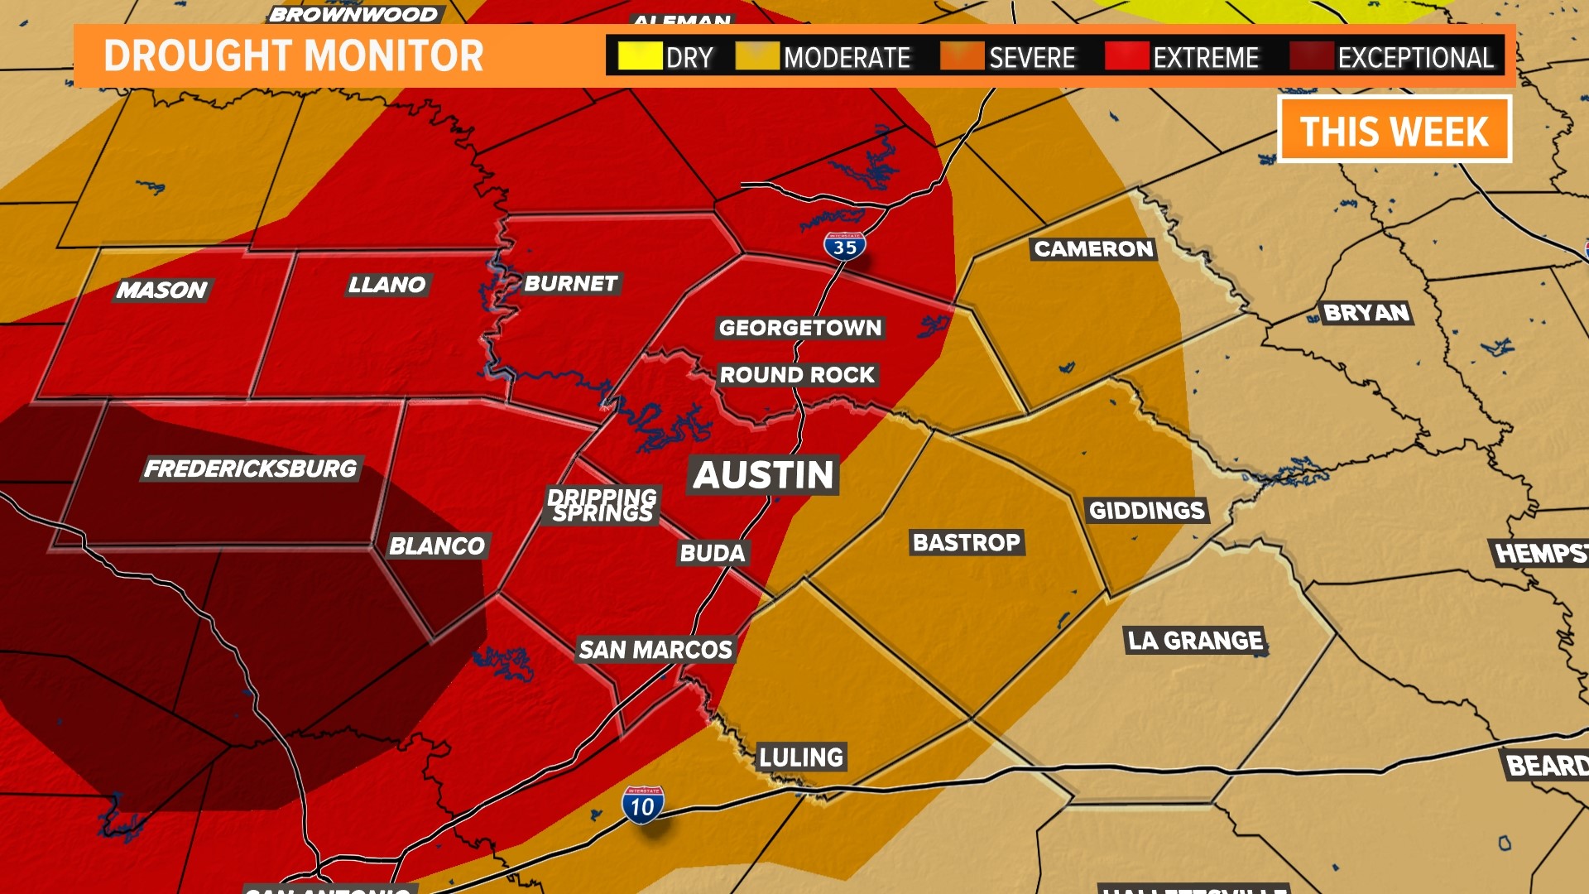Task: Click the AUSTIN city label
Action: (763, 475)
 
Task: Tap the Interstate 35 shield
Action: (844, 247)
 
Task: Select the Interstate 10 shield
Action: (642, 805)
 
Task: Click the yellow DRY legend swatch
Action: (640, 56)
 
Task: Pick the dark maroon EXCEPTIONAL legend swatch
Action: (1311, 56)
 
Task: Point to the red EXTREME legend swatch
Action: (1126, 56)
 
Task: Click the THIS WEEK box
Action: (1395, 130)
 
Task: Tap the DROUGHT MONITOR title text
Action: (294, 56)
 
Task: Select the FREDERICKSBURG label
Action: (251, 469)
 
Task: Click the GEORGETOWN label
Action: (800, 328)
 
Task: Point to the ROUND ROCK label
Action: (797, 375)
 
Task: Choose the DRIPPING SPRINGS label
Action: (602, 505)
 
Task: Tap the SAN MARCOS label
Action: (655, 650)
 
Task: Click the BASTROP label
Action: (966, 543)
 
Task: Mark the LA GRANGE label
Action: (1195, 641)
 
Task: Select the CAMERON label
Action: (1093, 249)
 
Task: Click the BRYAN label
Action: (1366, 313)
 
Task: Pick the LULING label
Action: (801, 757)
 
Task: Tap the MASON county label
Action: (161, 291)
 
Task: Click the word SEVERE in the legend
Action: (1032, 58)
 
